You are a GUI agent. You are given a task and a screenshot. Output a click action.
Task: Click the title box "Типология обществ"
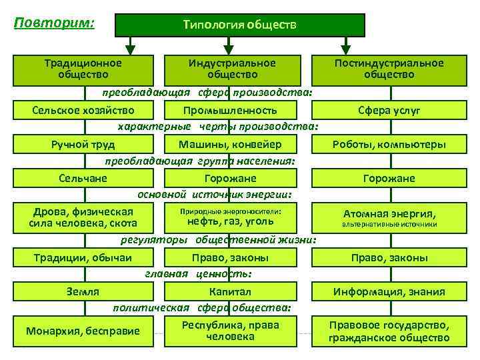tap(239, 25)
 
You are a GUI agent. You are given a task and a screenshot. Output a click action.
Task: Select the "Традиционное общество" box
tap(83, 69)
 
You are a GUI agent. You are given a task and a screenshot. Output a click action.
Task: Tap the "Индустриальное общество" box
tap(231, 69)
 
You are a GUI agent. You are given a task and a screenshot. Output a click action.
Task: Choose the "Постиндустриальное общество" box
tap(389, 69)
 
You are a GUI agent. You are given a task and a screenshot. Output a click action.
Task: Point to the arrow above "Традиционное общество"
tap(131, 45)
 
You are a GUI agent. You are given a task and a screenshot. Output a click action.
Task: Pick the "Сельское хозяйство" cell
tap(83, 110)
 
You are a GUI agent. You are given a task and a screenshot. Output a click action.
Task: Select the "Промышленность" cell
tap(230, 110)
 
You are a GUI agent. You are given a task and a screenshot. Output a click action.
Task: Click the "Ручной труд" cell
tap(83, 144)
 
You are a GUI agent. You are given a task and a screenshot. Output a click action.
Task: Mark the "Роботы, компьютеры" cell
tap(389, 145)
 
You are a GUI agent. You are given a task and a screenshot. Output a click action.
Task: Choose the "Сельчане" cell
tap(83, 178)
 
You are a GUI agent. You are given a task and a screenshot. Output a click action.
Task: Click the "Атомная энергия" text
tap(389, 214)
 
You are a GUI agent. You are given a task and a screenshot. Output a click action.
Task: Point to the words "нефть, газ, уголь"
tap(230, 221)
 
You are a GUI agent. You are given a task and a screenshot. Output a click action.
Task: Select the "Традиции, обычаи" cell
tap(83, 257)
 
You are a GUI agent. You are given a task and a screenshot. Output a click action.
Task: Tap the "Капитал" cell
tap(230, 291)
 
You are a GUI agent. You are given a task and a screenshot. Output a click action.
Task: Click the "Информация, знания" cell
tap(389, 292)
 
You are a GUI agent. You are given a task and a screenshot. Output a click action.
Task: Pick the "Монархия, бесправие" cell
tap(83, 331)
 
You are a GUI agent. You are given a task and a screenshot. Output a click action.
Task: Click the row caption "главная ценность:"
tap(198, 273)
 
